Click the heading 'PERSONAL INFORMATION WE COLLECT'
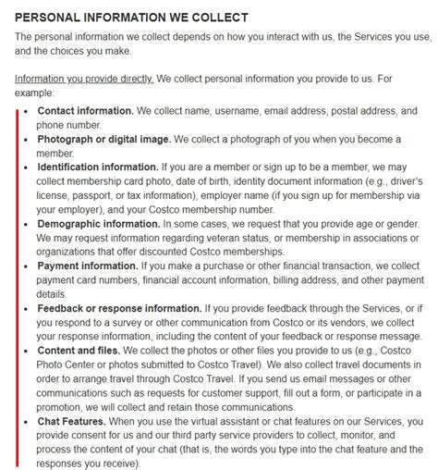pyautogui.click(x=132, y=18)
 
